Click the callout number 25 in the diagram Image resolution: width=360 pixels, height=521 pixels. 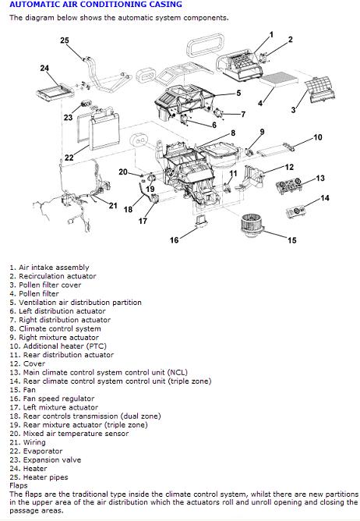(x=65, y=41)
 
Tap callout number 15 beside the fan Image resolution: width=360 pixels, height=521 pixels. (x=292, y=240)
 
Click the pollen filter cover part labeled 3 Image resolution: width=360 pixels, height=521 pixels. (x=319, y=88)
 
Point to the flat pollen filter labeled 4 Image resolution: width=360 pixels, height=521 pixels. (x=279, y=80)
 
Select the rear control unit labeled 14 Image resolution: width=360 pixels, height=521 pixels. (x=296, y=212)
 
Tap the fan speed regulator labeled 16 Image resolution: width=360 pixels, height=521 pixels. (x=202, y=221)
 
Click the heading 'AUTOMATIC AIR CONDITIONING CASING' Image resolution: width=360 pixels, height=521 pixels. (x=96, y=5)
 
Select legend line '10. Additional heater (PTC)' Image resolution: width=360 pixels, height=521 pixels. (x=58, y=346)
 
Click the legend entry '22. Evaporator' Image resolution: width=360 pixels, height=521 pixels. (x=36, y=451)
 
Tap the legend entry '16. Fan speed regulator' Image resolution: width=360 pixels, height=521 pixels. (x=51, y=399)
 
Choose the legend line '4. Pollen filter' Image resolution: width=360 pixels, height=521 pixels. (x=34, y=294)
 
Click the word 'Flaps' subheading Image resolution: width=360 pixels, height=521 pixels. (x=18, y=485)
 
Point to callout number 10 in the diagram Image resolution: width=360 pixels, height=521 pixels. (x=318, y=137)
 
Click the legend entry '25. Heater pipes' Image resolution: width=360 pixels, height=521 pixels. (x=39, y=477)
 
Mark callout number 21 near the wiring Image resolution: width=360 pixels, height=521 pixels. (x=113, y=206)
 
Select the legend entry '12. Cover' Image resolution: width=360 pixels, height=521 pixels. (x=27, y=363)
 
